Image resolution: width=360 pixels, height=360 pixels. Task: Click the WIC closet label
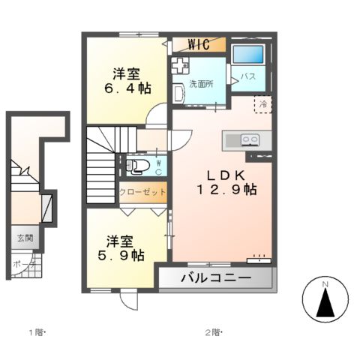coord(198,44)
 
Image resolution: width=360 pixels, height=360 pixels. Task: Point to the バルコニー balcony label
coord(214,279)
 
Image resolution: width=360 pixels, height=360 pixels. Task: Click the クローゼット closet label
coord(142,193)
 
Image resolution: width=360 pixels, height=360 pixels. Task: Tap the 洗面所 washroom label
coord(200,84)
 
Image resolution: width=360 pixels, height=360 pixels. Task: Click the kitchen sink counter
coord(241,139)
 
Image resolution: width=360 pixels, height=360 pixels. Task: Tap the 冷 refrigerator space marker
coord(263,105)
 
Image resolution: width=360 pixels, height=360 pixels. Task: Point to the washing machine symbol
coord(180,65)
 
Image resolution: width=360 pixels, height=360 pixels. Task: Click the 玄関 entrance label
coord(25,239)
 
